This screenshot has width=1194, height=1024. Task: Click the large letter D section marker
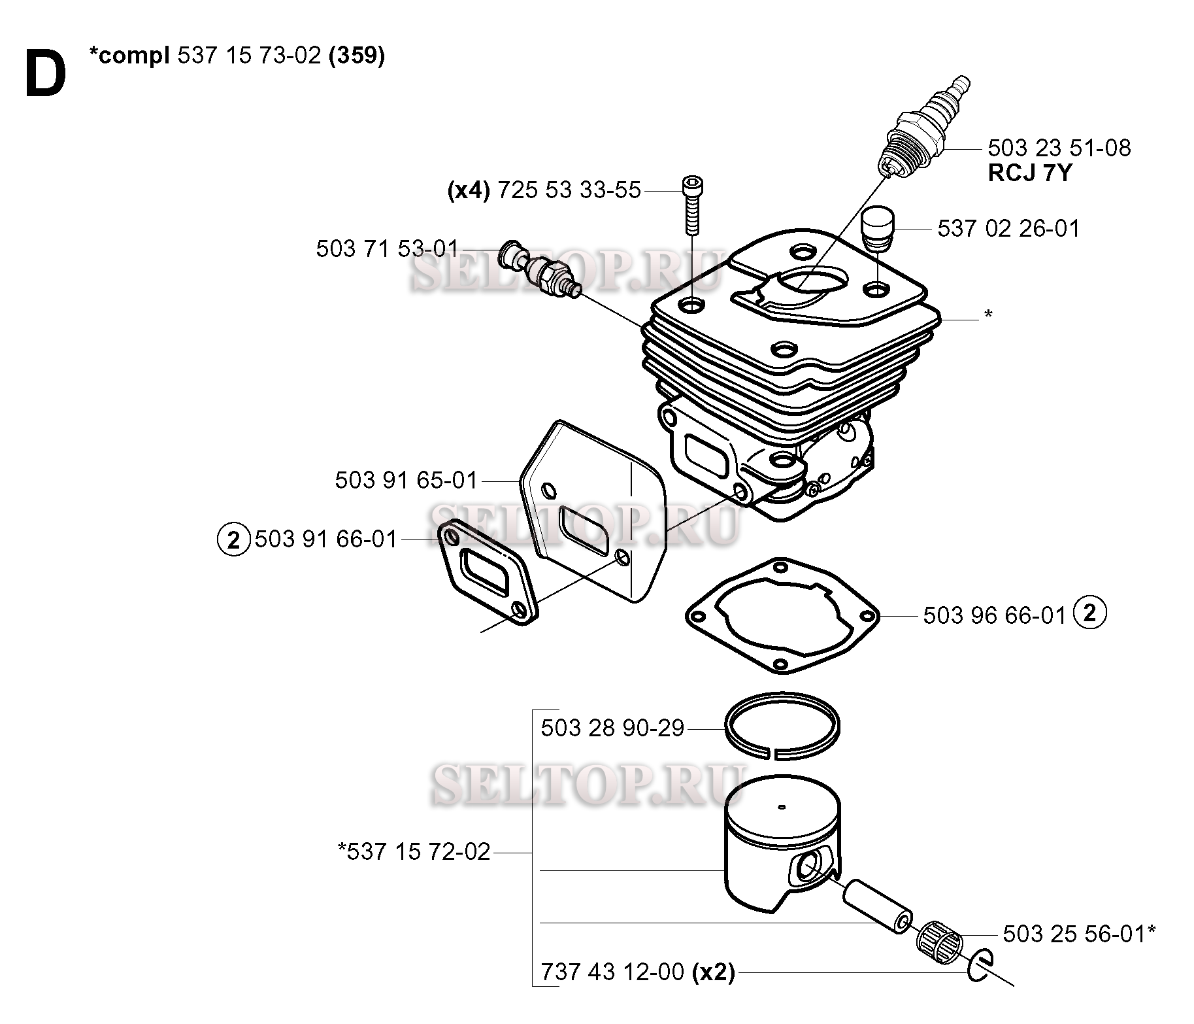(46, 75)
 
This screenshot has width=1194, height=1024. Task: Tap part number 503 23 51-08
(1059, 148)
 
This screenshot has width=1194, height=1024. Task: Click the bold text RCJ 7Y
(1029, 173)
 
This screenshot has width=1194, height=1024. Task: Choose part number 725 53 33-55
(569, 190)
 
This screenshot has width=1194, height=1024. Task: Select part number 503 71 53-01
(388, 248)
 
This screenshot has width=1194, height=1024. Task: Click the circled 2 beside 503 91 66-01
(233, 540)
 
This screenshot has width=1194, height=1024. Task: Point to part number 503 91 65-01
(406, 480)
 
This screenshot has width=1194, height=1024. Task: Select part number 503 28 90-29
(612, 728)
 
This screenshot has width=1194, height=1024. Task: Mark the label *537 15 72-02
(414, 851)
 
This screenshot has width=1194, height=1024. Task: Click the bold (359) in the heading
(357, 56)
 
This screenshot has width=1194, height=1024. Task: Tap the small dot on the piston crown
(780, 808)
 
